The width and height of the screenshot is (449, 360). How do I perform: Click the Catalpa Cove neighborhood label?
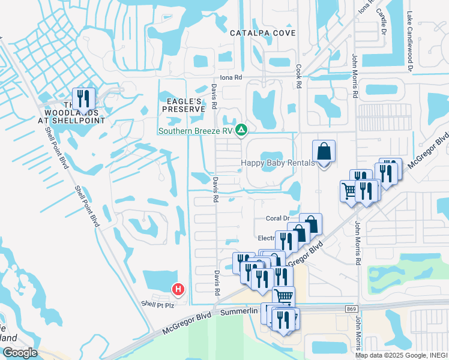point(264,33)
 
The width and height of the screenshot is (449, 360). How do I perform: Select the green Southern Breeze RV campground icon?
point(241,130)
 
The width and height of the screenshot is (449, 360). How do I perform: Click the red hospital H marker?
point(178,290)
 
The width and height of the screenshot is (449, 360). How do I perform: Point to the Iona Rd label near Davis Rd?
point(231,77)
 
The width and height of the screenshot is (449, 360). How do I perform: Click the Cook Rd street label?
point(298,77)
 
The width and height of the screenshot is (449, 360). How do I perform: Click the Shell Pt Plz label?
point(157,304)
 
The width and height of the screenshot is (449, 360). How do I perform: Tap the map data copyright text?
point(401,355)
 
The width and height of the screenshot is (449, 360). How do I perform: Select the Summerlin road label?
point(239,312)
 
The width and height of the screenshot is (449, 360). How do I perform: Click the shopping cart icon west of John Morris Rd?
point(349,191)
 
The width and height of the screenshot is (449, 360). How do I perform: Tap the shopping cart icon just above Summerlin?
point(284,295)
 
